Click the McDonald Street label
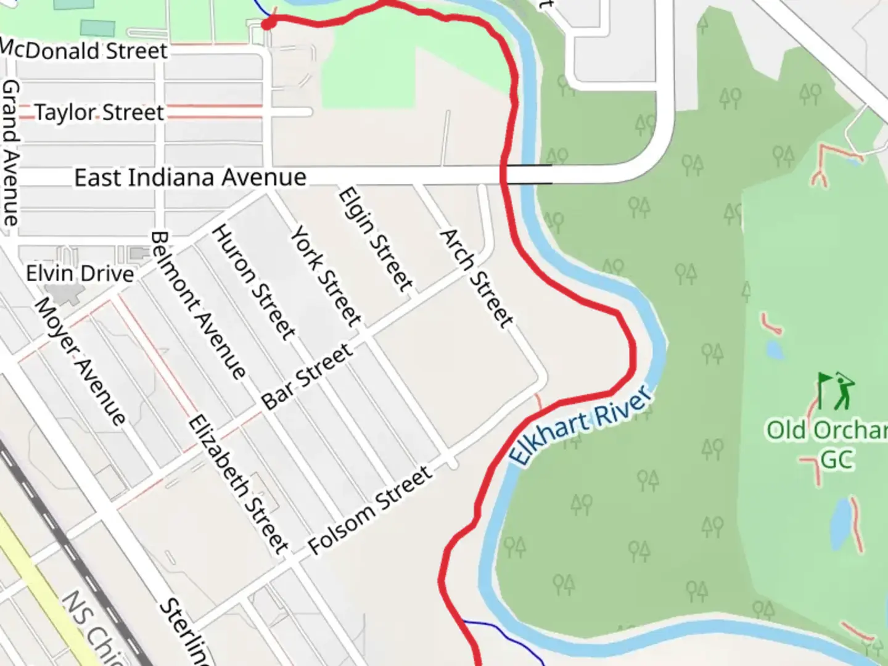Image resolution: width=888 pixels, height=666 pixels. tap(84, 50)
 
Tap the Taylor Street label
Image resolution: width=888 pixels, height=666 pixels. tap(99, 112)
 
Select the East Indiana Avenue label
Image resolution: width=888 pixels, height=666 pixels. tap(190, 178)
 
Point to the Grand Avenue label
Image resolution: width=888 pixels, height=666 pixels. tap(10, 152)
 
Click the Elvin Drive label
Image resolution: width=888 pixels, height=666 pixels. tap(80, 273)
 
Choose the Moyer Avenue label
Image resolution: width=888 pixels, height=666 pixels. tap(80, 361)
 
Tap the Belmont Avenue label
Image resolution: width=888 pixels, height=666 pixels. tap(198, 305)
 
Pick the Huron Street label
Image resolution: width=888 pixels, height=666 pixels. tap(253, 282)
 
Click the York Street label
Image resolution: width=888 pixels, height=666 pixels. tap(326, 276)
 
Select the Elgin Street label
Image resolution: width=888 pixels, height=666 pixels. tap(375, 239)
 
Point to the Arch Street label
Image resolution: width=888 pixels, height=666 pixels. tap(475, 277)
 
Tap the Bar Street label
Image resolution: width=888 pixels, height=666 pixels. tap(307, 376)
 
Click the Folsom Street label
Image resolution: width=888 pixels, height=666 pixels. tap(370, 509)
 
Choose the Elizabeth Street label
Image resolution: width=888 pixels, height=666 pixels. tap(238, 483)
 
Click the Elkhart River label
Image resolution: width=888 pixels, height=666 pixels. tap(580, 425)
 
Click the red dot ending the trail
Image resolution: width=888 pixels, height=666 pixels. tap(268, 23)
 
